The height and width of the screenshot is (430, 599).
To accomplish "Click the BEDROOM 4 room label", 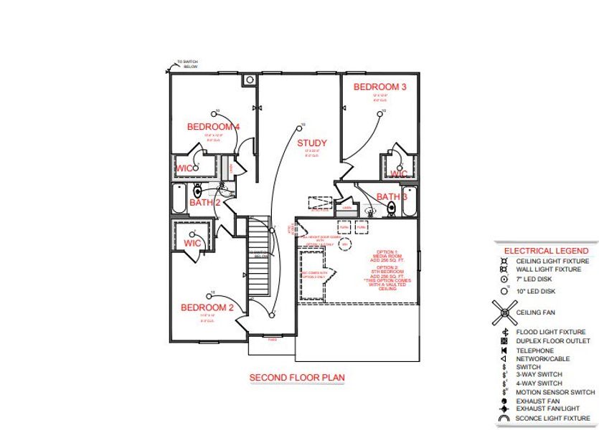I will (x=213, y=127).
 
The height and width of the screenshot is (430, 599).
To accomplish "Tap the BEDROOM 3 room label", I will (x=379, y=87).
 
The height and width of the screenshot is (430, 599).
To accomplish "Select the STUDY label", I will (x=312, y=143).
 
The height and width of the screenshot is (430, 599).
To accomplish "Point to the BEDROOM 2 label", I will (x=207, y=307).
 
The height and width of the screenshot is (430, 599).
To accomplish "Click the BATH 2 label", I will (x=204, y=203).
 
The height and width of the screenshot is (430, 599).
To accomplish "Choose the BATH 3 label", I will (x=392, y=196).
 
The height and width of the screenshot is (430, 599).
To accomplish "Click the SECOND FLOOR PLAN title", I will (x=297, y=377).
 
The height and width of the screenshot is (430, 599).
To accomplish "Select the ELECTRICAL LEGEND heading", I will (x=547, y=251).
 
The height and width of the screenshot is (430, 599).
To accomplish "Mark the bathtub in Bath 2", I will (x=178, y=199).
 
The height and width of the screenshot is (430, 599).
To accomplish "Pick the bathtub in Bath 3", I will (x=409, y=202).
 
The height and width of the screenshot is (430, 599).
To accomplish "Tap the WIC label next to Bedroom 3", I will (x=398, y=174).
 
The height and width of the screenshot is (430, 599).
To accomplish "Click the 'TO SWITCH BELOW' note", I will (x=189, y=64).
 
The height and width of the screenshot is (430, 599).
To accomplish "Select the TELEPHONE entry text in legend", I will (x=534, y=350).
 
